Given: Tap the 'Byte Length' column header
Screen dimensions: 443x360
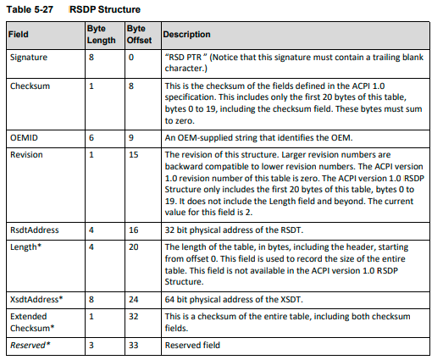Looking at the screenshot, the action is click(x=101, y=34).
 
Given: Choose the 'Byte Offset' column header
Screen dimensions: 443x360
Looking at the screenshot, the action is click(x=136, y=34).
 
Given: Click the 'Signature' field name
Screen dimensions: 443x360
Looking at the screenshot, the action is click(x=30, y=58).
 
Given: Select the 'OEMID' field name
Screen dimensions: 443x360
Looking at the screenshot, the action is click(x=24, y=137).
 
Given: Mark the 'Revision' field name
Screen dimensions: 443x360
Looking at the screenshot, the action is click(x=27, y=154).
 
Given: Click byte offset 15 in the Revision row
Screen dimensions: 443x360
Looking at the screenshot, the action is click(x=133, y=154).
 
